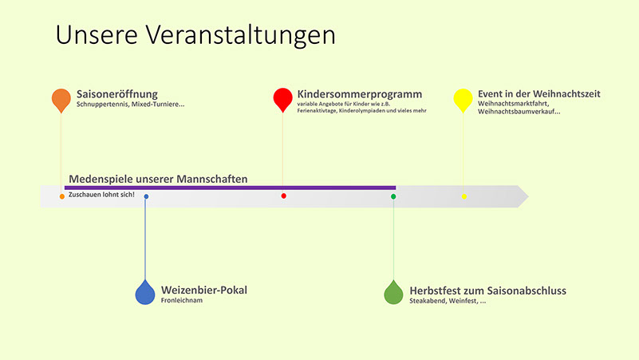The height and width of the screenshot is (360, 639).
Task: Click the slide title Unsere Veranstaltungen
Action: click(x=195, y=35)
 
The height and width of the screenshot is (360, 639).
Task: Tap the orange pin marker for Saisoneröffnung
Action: click(x=61, y=100)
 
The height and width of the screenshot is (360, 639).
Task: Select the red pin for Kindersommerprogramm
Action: click(x=283, y=100)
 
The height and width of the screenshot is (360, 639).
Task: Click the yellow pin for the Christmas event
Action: click(x=463, y=100)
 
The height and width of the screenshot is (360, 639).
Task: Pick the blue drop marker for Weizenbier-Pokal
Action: click(x=145, y=293)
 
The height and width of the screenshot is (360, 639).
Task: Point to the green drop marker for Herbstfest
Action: click(x=393, y=293)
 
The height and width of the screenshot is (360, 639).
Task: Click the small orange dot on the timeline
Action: click(x=62, y=196)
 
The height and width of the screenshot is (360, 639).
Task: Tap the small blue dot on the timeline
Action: click(x=146, y=196)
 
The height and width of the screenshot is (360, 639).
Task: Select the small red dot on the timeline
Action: click(x=284, y=196)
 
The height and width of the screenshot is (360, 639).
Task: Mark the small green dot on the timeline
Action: click(x=393, y=196)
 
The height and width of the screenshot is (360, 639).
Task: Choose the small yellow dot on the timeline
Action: click(x=464, y=196)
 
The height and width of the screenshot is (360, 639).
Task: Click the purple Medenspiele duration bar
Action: click(x=230, y=188)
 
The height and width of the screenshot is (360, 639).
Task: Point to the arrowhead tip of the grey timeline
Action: click(x=529, y=196)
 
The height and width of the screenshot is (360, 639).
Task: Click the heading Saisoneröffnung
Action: click(x=117, y=94)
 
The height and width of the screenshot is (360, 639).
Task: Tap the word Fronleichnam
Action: click(x=182, y=300)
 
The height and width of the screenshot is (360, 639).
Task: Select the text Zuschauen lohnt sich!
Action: click(x=101, y=195)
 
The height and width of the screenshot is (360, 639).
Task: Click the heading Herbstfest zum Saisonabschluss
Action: click(x=487, y=291)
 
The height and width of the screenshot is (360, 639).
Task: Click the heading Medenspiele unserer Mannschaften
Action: click(x=158, y=179)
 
